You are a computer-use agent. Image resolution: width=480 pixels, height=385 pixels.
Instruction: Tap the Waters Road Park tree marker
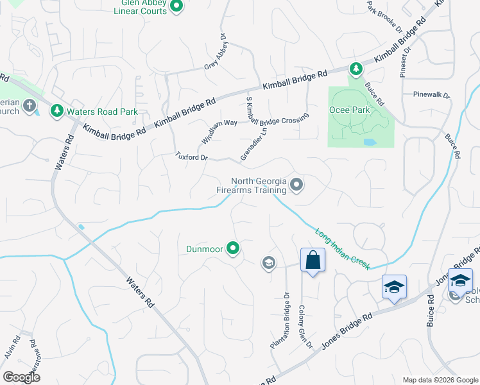(56, 111)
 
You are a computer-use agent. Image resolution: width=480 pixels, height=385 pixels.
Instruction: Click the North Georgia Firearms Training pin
(296, 185)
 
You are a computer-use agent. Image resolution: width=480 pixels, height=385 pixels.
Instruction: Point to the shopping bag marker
(313, 261)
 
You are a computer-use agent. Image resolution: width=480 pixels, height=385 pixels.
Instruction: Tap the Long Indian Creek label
(342, 248)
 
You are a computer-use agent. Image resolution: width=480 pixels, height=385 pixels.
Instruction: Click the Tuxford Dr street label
(192, 157)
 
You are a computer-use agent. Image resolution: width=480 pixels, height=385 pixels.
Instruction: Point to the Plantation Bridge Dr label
(281, 321)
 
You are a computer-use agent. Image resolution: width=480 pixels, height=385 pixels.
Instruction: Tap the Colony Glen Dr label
(304, 326)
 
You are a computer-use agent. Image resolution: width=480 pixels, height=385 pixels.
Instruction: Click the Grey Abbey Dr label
(216, 51)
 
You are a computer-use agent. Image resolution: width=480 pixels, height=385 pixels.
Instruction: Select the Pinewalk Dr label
(432, 95)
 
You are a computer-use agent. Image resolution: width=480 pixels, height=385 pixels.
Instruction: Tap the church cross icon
(29, 105)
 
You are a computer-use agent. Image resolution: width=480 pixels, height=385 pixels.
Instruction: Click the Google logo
(21, 377)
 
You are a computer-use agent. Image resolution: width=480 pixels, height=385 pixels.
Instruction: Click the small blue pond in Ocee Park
(369, 142)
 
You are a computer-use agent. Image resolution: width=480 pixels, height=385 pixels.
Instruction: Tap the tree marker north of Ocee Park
(355, 67)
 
